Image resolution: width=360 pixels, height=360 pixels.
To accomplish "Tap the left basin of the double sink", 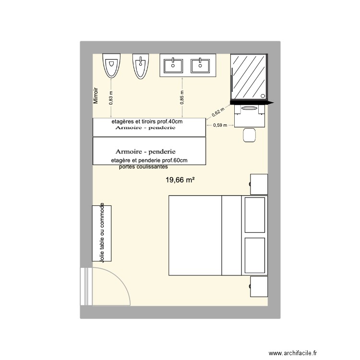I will coord(172,65).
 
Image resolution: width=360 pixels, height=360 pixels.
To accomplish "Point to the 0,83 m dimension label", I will coord(111,98).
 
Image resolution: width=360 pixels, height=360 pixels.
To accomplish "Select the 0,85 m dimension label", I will coord(181,98).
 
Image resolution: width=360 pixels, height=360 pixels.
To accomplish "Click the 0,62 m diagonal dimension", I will coord(217,113).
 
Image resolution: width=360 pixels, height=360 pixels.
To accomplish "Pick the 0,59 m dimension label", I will coord(220,126).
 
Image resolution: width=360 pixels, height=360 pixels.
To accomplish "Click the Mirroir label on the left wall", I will coord(96,96).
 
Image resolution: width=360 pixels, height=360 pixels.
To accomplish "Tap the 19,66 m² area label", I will coord(180,180).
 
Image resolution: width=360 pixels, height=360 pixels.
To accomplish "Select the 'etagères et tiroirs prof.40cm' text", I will coord(147,121).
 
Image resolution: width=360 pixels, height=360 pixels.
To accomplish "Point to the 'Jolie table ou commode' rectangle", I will coord(102,233).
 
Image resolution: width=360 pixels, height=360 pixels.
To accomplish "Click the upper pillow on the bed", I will coord(255,214).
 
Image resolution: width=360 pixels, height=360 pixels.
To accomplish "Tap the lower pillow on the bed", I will coord(255,254).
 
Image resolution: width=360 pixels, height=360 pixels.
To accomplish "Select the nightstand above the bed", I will coord(258,184).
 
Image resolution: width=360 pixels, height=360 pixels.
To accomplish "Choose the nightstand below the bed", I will coord(258,287).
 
